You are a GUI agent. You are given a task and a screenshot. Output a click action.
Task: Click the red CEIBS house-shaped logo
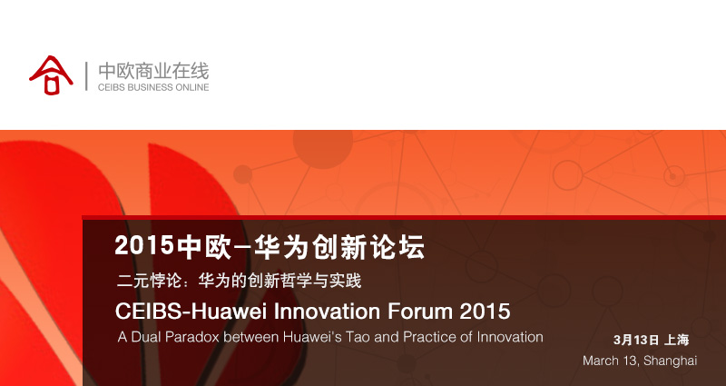click(x=51, y=75)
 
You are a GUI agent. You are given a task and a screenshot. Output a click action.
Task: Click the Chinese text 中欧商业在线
click(x=153, y=72)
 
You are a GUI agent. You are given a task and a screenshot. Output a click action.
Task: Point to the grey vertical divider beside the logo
click(x=86, y=76)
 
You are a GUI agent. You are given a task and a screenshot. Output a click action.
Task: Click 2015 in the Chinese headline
click(x=144, y=245)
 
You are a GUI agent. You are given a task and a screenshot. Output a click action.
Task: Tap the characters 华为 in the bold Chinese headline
click(x=281, y=246)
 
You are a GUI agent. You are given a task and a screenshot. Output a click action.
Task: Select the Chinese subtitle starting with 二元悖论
click(x=239, y=281)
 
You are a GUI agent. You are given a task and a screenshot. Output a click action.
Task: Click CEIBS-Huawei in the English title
click(x=191, y=311)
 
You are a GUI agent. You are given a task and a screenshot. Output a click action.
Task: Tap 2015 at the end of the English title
click(x=486, y=311)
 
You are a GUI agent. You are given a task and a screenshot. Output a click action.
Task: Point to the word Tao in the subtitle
click(x=358, y=336)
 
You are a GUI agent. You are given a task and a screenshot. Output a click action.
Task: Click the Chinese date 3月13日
click(x=636, y=340)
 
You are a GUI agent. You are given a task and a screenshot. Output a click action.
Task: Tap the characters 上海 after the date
click(x=676, y=340)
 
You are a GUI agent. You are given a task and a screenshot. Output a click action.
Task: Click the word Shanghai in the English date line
click(x=670, y=361)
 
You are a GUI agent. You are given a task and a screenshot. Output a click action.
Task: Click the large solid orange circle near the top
click(x=323, y=146)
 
